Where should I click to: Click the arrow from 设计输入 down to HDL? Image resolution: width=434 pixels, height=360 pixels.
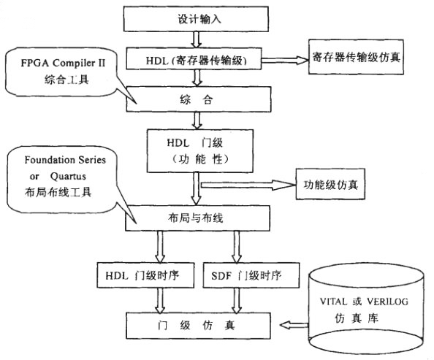195,38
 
